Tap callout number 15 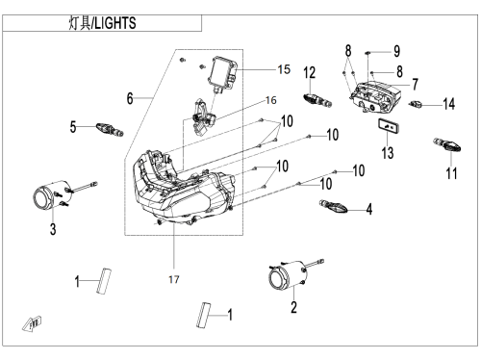[x=284, y=69]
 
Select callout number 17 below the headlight [x=174, y=279]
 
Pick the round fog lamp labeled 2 [x=288, y=274]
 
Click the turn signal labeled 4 [x=334, y=207]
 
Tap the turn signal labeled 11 [x=446, y=144]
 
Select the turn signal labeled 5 [x=110, y=129]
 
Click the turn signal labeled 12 [x=317, y=100]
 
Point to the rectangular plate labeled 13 [x=389, y=126]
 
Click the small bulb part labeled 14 [x=417, y=104]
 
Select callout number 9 [x=396, y=51]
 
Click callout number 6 [x=130, y=98]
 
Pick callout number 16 [x=271, y=100]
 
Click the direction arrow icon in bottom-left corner [x=33, y=323]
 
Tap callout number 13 [x=388, y=152]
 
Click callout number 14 [x=448, y=104]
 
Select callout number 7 [x=415, y=84]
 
